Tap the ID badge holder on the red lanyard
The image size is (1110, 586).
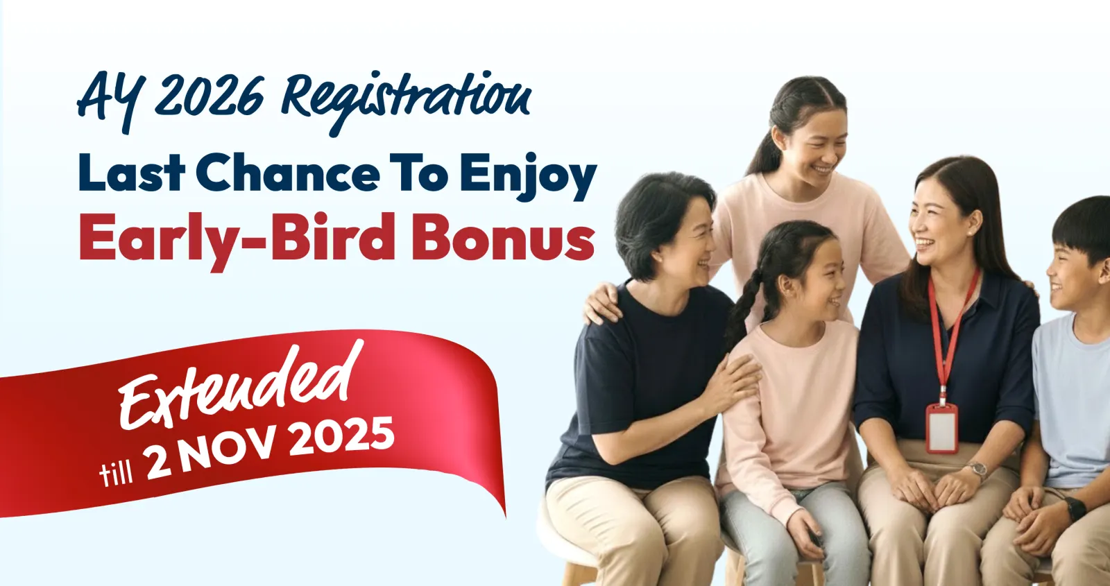941,428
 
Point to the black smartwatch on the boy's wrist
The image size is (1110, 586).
1075,509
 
